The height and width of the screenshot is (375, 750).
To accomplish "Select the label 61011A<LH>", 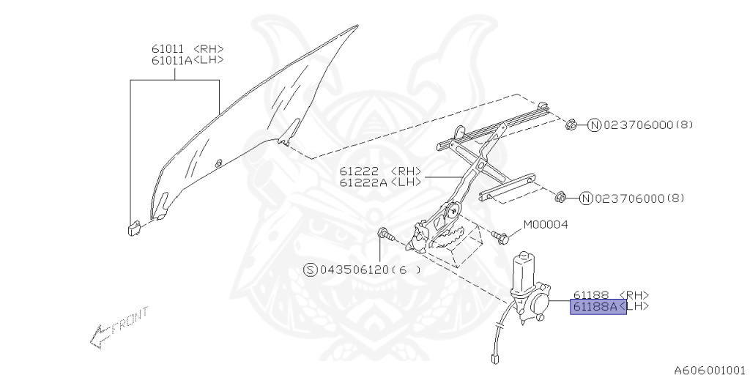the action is click(x=187, y=61).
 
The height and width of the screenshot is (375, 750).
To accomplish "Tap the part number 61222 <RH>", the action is click(x=379, y=171).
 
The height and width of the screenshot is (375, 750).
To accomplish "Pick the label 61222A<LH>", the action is click(x=379, y=182).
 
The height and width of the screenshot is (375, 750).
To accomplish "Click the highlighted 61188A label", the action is click(x=598, y=307).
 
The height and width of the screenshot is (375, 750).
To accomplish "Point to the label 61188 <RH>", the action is click(x=610, y=294).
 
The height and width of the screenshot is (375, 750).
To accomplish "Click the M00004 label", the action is click(x=545, y=224).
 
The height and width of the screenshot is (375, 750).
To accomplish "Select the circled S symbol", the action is click(x=310, y=270).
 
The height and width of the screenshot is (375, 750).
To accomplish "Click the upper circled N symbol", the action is click(x=594, y=125).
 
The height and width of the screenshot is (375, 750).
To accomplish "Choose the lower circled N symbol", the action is click(x=585, y=198).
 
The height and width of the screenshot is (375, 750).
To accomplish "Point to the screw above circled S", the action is click(x=385, y=234).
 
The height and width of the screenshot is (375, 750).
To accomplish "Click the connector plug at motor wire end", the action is click(x=493, y=358).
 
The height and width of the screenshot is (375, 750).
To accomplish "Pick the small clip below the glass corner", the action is click(x=133, y=227).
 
